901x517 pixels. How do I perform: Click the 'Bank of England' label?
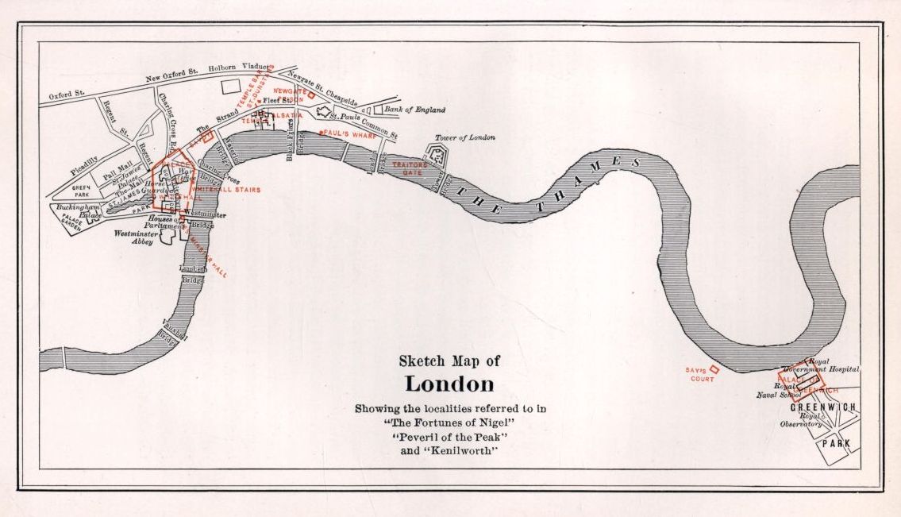tap(414, 110)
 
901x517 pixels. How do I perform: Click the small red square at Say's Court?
tap(714, 368)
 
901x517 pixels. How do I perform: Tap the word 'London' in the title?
tap(449, 384)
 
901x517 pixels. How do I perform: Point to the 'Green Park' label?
tap(82, 190)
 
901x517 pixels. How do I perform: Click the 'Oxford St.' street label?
tap(66, 95)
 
